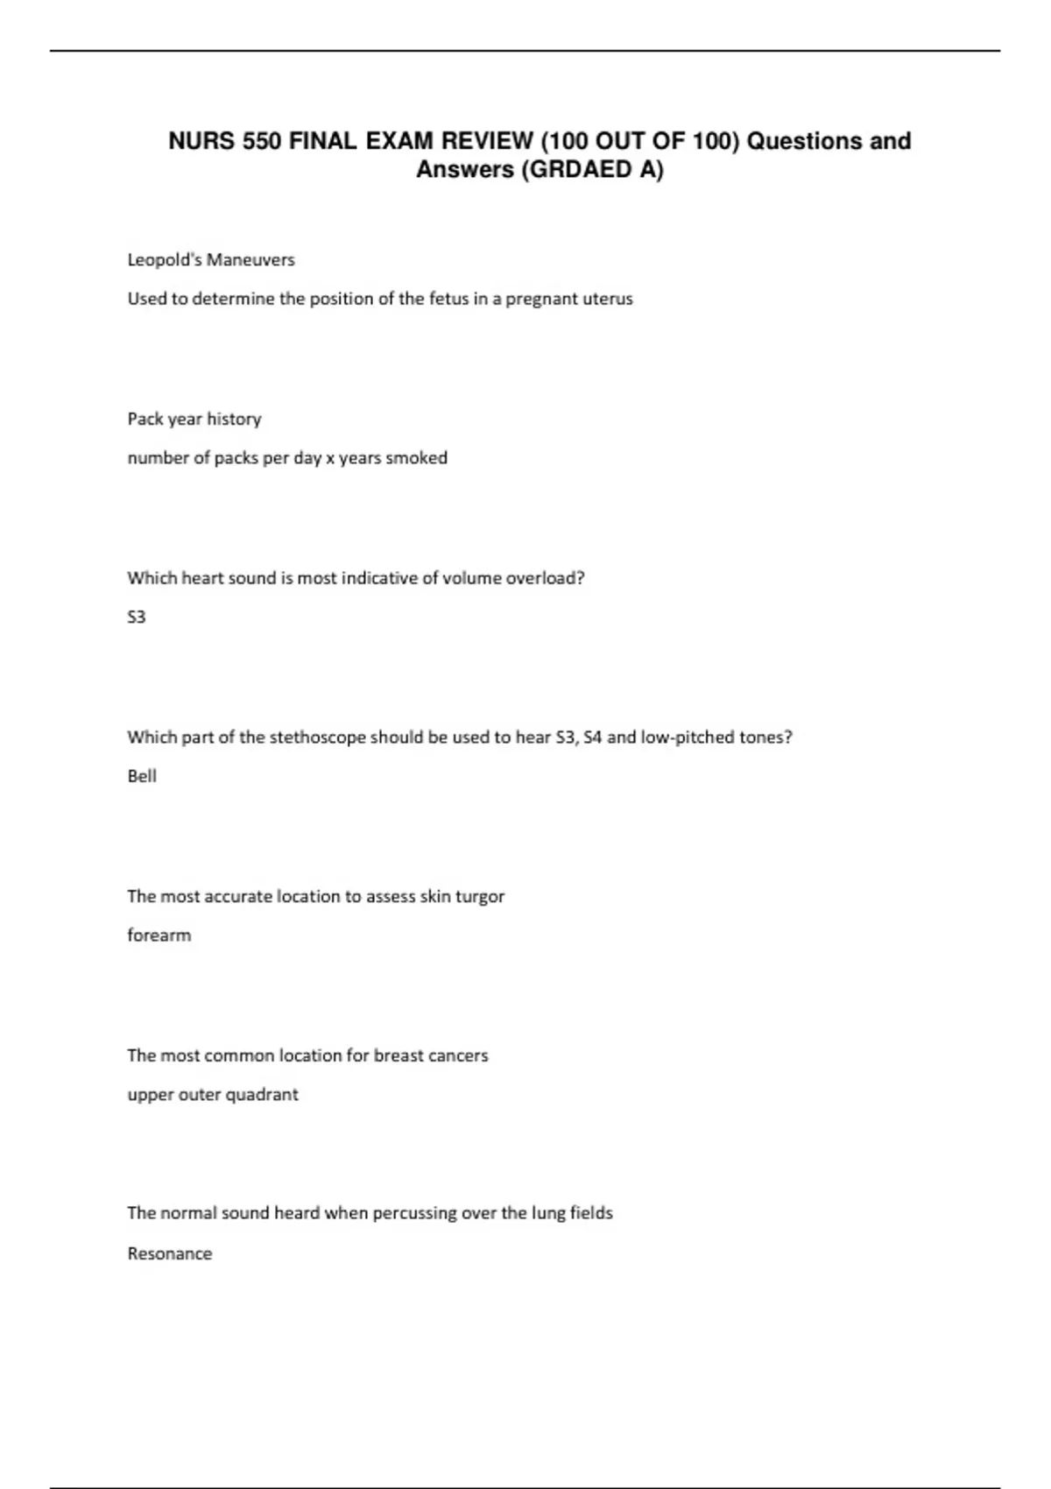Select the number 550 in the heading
262,141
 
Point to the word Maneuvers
253,260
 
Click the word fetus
448,299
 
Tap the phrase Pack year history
194,420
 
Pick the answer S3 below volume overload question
137,617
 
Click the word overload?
545,578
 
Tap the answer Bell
142,776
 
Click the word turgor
480,897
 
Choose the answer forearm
159,935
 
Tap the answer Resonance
170,1253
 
